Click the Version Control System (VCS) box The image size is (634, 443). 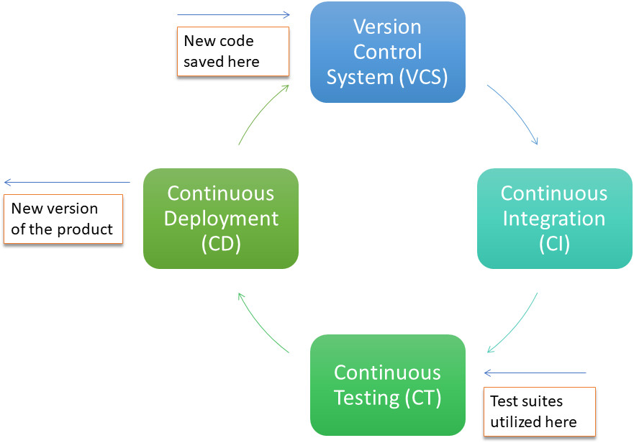coord(387,52)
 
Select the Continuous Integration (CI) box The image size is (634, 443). coord(554,219)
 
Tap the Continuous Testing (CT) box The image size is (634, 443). coord(387,385)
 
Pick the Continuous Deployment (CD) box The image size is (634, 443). coord(220,219)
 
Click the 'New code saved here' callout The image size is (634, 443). coord(232,51)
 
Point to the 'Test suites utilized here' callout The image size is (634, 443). coord(539,411)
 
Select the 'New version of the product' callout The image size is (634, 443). coord(62,219)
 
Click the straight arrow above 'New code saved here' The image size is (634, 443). coord(232,14)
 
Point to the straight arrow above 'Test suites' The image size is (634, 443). coord(535,373)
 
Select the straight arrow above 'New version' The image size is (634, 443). coord(66,183)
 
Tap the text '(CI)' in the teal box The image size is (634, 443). coord(554,244)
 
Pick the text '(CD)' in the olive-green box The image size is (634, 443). coord(220,244)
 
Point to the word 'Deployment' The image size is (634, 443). coord(220,219)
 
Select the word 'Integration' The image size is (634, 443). coord(554,219)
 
